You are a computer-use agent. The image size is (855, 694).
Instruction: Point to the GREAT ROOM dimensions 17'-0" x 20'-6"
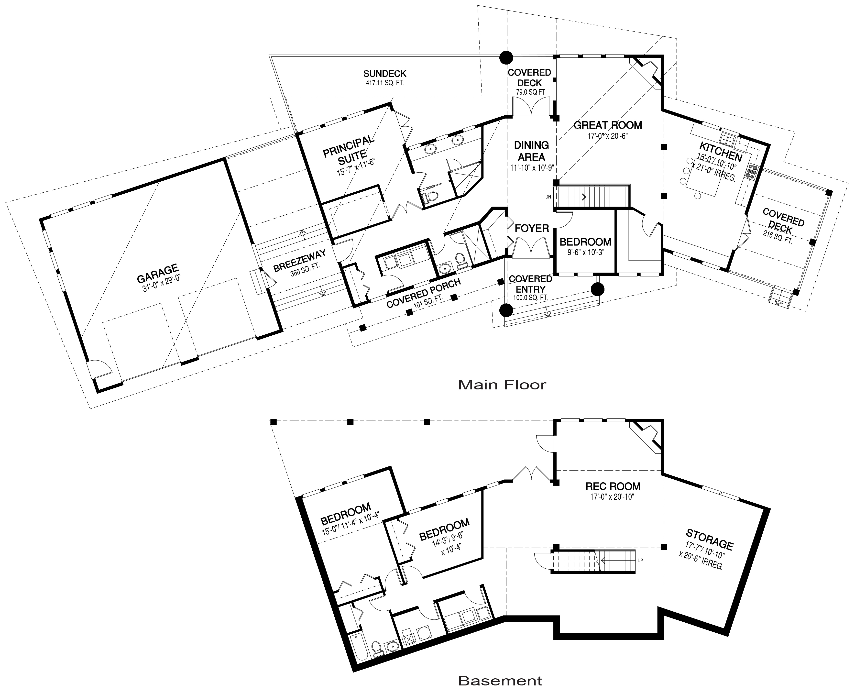pyautogui.click(x=607, y=136)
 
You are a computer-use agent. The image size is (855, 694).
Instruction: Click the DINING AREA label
pyautogui.click(x=531, y=151)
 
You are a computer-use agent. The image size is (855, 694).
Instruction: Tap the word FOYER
pyautogui.click(x=532, y=228)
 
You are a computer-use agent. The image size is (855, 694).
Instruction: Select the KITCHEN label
pyautogui.click(x=721, y=152)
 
